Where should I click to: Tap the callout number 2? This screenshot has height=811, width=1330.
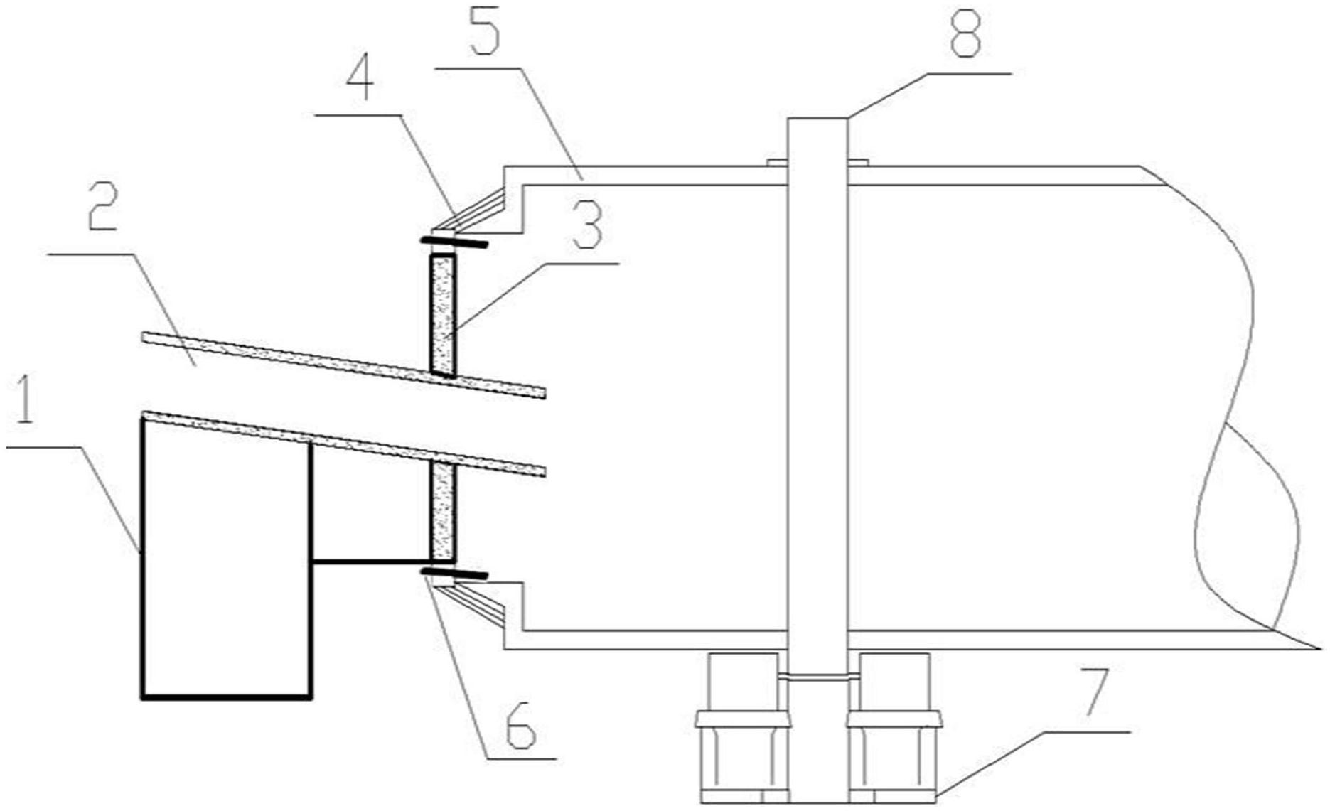(x=103, y=205)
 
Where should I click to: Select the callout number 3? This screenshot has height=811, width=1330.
(x=588, y=225)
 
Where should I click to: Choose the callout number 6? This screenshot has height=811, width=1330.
(x=521, y=726)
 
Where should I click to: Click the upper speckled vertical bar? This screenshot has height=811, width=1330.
(x=442, y=313)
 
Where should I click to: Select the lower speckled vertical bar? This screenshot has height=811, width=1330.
(x=442, y=510)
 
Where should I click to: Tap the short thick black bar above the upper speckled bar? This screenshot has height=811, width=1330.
(x=454, y=242)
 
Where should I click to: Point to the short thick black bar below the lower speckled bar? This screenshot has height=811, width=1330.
(x=454, y=573)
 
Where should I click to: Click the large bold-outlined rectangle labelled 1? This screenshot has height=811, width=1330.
(x=227, y=559)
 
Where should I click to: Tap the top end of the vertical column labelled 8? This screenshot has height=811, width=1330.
(x=817, y=118)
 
